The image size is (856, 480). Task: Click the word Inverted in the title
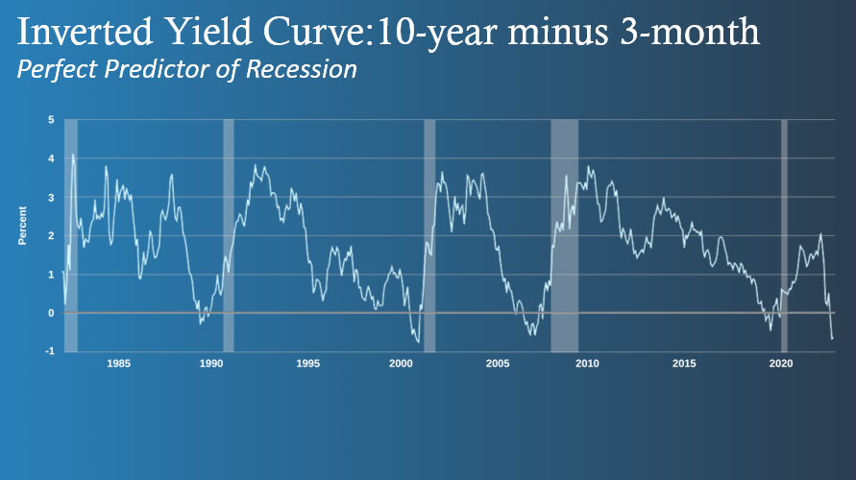click(85, 32)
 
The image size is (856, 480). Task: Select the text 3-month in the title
click(690, 32)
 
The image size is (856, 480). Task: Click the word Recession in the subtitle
click(302, 69)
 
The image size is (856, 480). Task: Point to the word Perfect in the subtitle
click(57, 70)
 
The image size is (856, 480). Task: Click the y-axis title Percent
click(22, 226)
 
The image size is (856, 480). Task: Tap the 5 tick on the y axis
click(51, 119)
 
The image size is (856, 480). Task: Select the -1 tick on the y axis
click(50, 351)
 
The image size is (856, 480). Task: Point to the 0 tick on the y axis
click(51, 313)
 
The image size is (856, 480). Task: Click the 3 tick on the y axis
click(51, 198)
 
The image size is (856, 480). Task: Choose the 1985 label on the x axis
click(118, 363)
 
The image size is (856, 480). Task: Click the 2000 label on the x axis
click(401, 363)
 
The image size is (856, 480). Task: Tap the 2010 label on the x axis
click(587, 363)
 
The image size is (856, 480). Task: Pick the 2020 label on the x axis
click(781, 363)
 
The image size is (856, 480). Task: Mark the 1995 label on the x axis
click(307, 363)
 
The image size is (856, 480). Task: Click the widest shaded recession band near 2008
click(565, 235)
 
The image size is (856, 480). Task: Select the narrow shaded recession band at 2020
click(784, 235)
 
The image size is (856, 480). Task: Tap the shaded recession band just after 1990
click(229, 235)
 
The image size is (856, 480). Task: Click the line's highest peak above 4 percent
click(73, 155)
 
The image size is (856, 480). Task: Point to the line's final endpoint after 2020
click(833, 339)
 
